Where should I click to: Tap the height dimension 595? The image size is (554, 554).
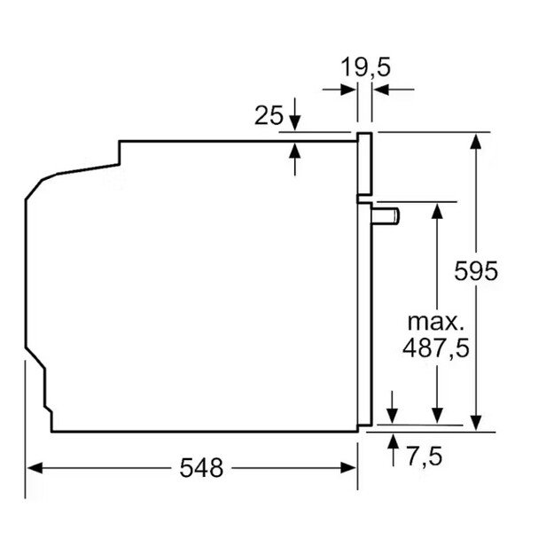(x=478, y=270)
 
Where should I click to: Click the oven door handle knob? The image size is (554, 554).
(x=386, y=214)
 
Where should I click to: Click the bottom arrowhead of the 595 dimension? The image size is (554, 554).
(x=478, y=423)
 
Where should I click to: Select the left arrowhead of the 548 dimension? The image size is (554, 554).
(x=34, y=467)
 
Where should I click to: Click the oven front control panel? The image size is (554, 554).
(x=364, y=163)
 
